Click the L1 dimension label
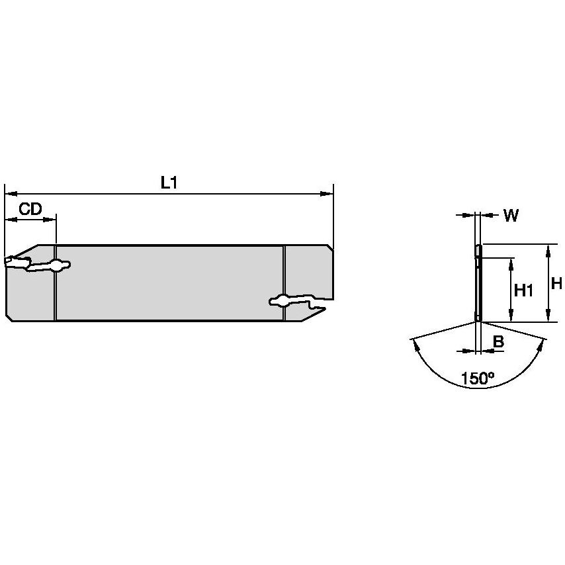coord(169,183)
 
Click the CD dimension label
coord(30,210)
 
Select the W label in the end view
coord(511,216)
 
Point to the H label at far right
coord(556,284)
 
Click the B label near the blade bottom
coord(499,342)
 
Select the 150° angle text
coord(478,378)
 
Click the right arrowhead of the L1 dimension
coord(327,194)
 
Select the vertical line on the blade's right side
coord(284,283)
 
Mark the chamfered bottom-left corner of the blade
coord(9,318)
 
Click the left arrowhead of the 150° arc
coord(415,343)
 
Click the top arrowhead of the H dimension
coord(548,248)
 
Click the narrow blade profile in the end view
coord(478,284)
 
